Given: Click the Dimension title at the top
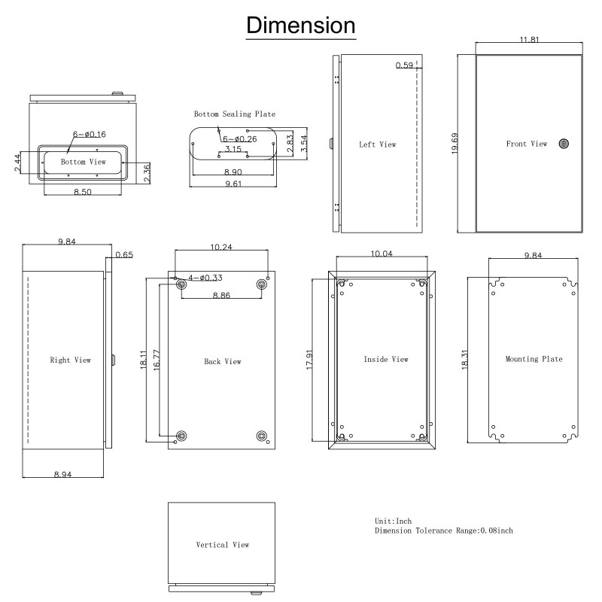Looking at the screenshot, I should [302, 26].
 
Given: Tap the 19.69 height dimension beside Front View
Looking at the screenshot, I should [455, 143].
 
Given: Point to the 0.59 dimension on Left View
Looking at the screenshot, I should [404, 66].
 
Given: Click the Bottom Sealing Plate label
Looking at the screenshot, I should [234, 114].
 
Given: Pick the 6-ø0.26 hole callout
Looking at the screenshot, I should [239, 139].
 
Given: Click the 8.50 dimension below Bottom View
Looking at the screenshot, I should [83, 193].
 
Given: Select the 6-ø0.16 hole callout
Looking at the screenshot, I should [90, 134].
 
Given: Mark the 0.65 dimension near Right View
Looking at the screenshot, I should [123, 256].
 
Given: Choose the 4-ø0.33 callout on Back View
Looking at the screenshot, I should [197, 278].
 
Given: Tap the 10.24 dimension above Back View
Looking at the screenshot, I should [222, 247].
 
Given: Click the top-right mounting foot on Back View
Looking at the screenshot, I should [263, 284].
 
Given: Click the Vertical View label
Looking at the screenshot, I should [222, 544].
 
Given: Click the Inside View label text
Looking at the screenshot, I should [385, 360].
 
